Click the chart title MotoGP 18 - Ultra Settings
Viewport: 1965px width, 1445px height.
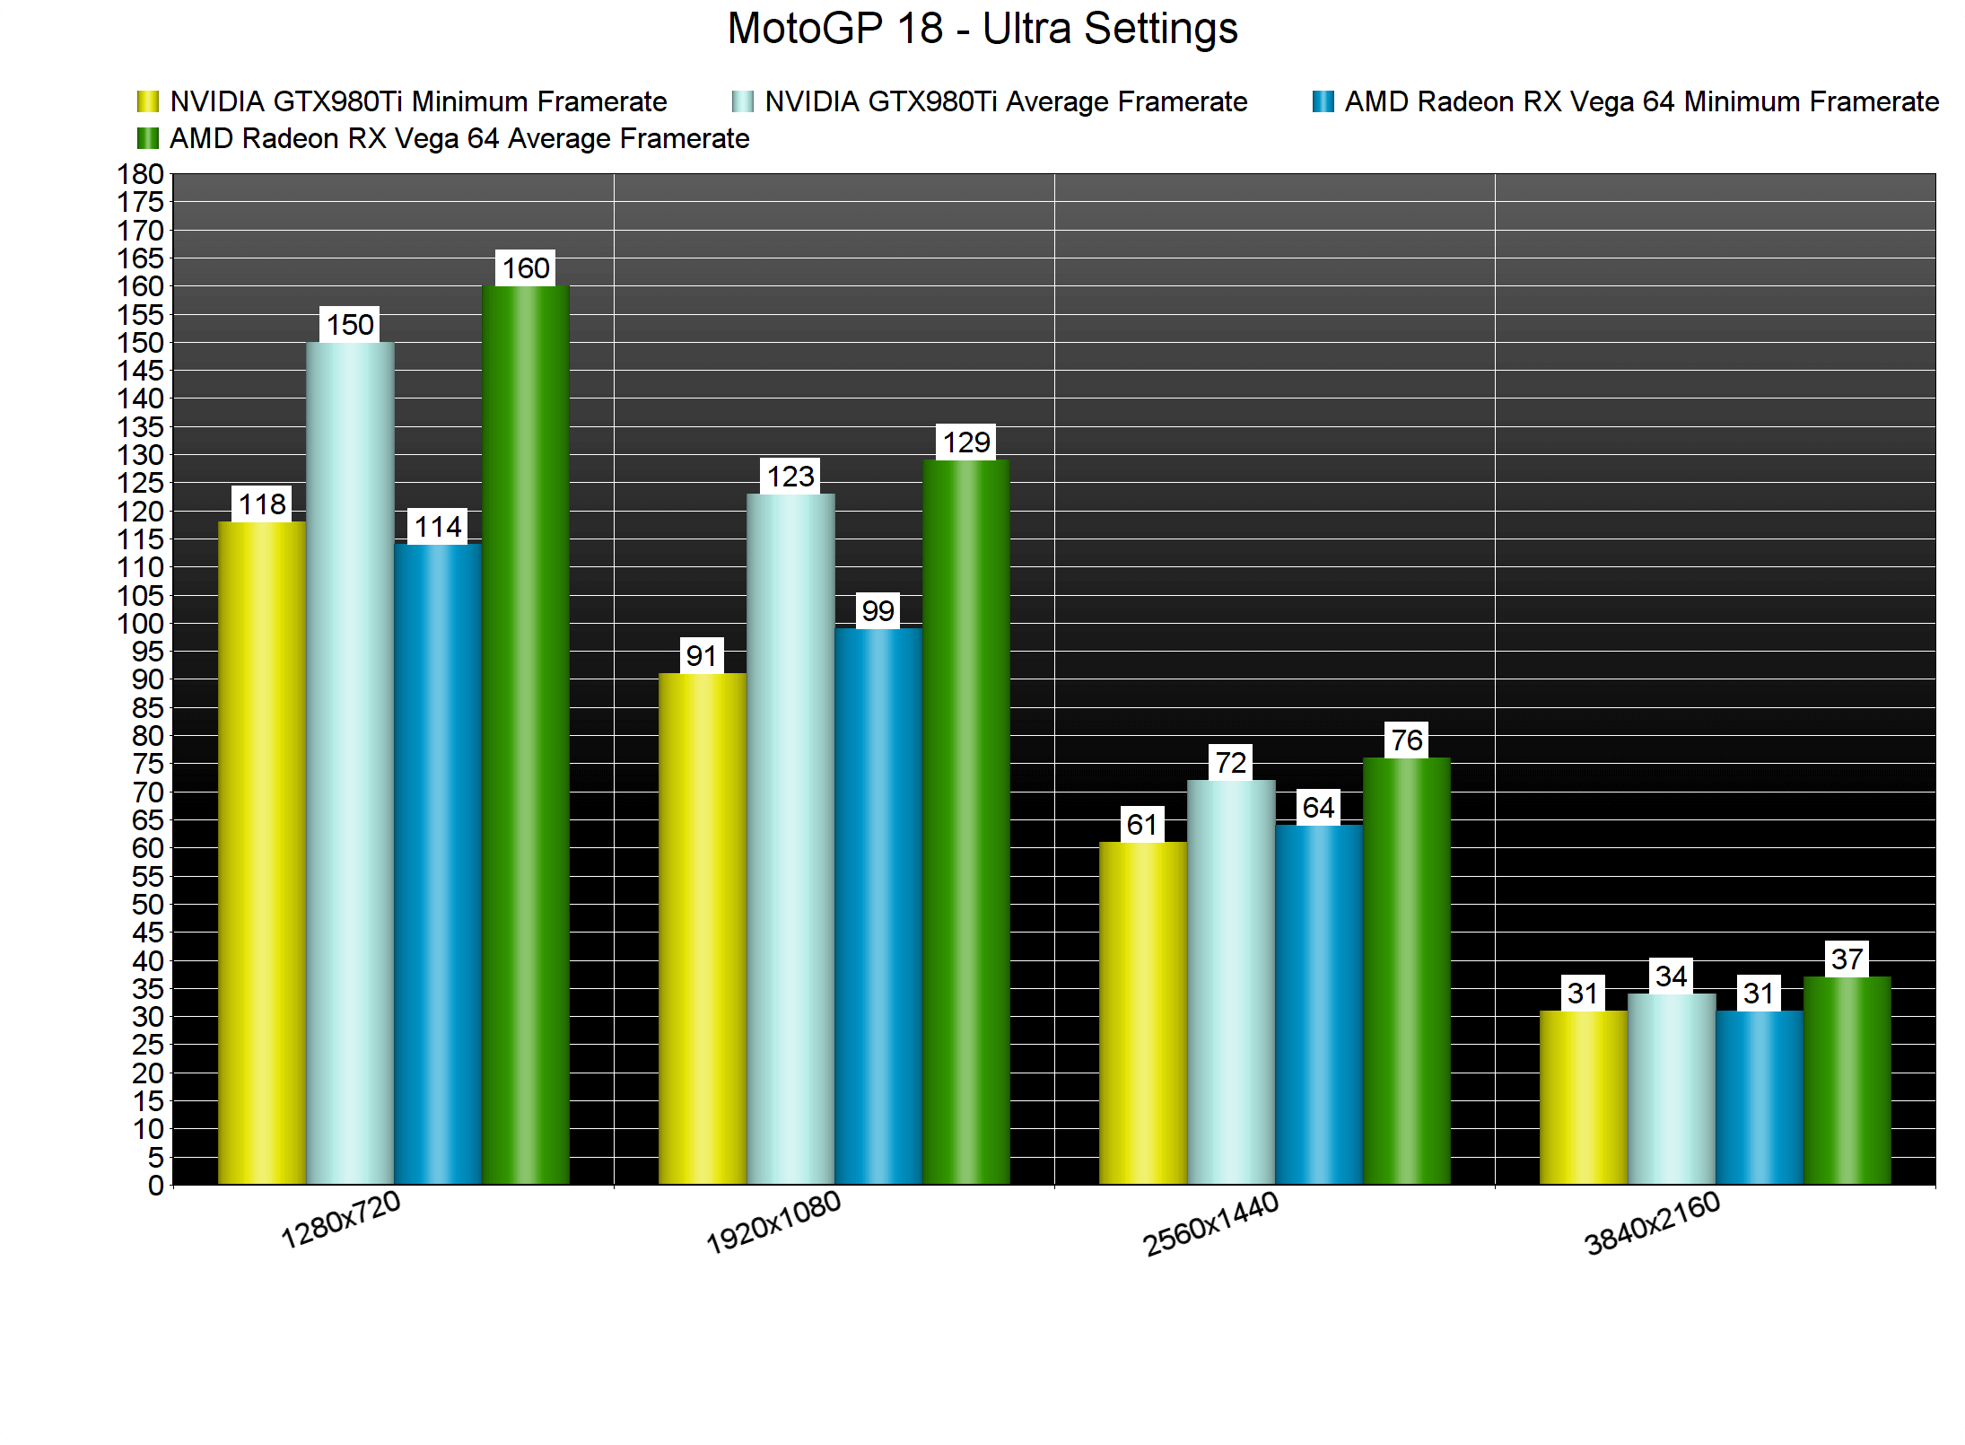coord(982,29)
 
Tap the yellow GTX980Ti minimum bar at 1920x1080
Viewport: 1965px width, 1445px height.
coord(702,928)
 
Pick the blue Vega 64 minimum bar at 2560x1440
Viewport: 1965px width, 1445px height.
coord(1319,1004)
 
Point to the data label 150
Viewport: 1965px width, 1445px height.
coord(350,325)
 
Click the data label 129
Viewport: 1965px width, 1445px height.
coord(966,442)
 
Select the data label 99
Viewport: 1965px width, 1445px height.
coord(878,611)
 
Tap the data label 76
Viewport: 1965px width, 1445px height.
coord(1407,740)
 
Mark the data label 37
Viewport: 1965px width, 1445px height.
coord(1847,959)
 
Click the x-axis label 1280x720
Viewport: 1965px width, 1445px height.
coord(340,1221)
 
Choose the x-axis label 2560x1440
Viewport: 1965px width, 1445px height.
coord(1210,1224)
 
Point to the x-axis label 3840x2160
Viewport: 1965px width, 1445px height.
coord(1652,1224)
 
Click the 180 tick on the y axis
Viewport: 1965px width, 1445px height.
coord(141,174)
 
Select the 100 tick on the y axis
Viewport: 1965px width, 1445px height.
coord(141,624)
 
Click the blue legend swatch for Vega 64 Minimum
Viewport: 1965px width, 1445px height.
coord(1323,102)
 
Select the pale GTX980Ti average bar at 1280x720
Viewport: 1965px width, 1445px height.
coord(350,763)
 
